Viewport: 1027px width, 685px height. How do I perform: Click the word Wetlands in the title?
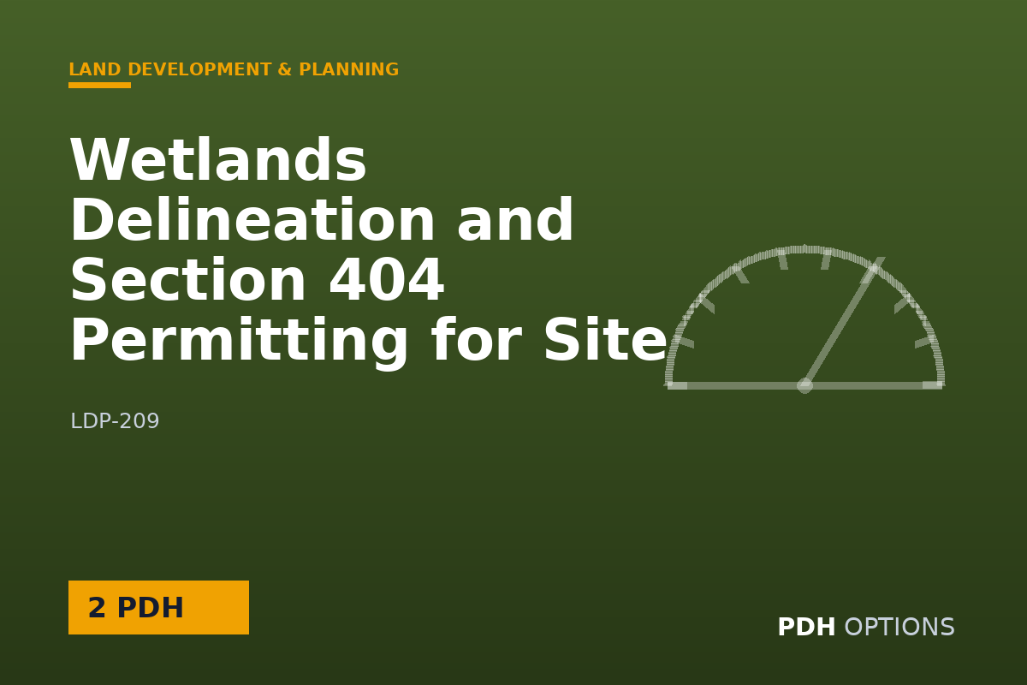(218, 159)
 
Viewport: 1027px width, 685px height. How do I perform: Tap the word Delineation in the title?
(252, 219)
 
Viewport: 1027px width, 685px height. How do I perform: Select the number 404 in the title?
(387, 279)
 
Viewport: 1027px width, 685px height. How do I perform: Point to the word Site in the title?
(605, 339)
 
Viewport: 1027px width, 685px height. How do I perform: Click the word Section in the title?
(188, 279)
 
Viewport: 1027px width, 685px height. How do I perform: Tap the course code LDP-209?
(115, 420)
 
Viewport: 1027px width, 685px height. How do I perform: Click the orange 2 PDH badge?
(158, 607)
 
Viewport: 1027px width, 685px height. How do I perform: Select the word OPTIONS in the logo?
(899, 627)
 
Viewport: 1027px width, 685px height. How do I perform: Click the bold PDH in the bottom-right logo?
(806, 627)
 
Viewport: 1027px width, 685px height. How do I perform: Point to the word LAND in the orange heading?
(95, 69)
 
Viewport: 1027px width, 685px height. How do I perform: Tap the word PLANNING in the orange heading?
(349, 69)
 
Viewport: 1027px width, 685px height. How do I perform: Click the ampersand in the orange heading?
(285, 69)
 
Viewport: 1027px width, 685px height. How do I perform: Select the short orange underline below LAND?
(99, 85)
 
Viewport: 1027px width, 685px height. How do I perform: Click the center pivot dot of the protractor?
(804, 385)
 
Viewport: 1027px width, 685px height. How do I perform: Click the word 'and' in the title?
(515, 219)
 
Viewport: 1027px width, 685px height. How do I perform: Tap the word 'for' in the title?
(477, 339)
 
